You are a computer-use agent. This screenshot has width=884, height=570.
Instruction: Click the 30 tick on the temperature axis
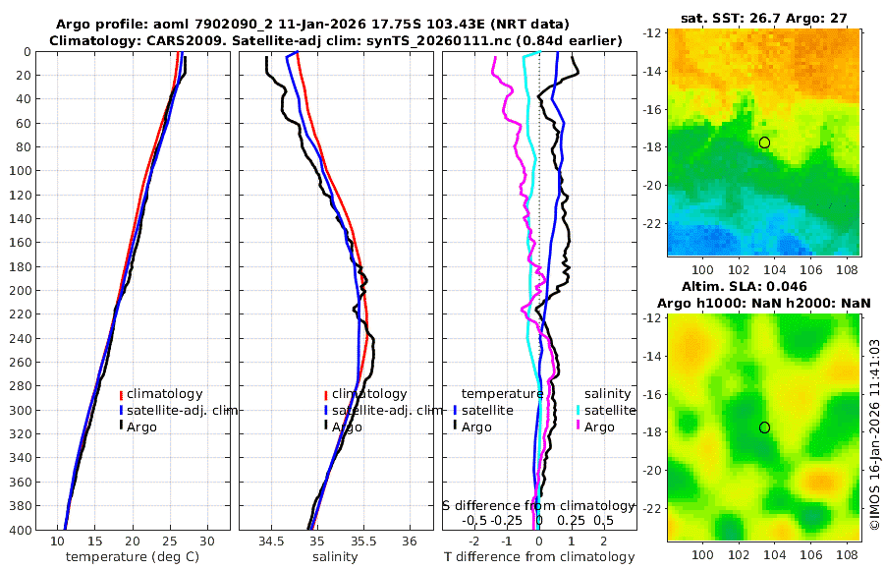tap(206, 541)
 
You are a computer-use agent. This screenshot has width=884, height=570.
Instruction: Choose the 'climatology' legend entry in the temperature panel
tap(168, 394)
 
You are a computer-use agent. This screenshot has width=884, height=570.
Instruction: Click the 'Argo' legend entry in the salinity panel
tap(347, 427)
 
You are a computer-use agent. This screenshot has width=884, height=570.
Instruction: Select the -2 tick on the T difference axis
tap(475, 541)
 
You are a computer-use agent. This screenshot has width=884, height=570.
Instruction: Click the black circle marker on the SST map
tap(764, 142)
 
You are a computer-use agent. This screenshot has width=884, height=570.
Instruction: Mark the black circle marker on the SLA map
tap(764, 427)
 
